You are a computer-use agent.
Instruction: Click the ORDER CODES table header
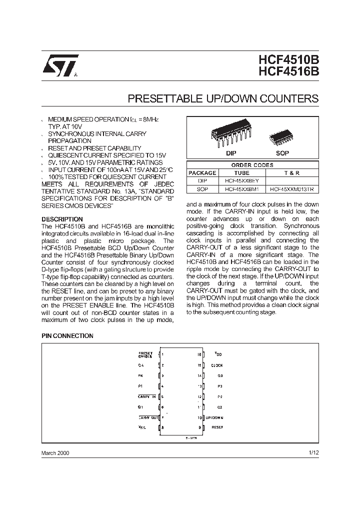click(x=252, y=165)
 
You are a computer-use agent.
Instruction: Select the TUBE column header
click(x=241, y=172)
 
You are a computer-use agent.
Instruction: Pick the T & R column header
click(x=292, y=172)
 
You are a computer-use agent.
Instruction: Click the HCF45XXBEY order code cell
click(x=241, y=180)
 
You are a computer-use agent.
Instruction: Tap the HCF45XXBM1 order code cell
click(x=241, y=189)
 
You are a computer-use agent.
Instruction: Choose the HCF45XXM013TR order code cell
click(x=292, y=189)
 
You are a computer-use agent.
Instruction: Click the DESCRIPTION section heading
click(x=62, y=219)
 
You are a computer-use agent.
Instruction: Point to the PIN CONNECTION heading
click(x=67, y=336)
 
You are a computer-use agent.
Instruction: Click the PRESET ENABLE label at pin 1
click(x=145, y=355)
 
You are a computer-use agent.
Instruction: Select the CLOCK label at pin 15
click(x=216, y=365)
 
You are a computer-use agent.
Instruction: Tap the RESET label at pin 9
click(x=217, y=427)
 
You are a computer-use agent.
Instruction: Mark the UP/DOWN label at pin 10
click(x=214, y=417)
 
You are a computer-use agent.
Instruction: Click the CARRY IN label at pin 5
click(x=147, y=396)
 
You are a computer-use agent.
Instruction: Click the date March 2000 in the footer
click(x=55, y=453)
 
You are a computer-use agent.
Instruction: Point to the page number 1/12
click(x=313, y=452)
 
